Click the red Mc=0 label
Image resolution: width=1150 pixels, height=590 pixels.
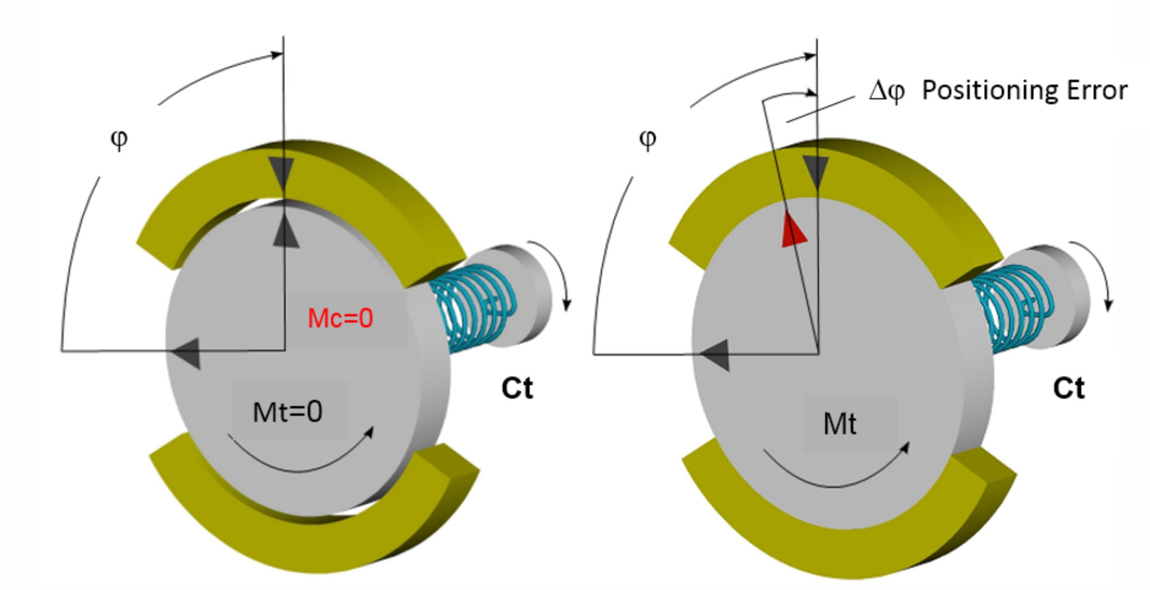tap(340, 318)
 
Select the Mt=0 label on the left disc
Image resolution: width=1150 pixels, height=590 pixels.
tap(287, 412)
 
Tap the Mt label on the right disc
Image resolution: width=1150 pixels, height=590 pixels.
tap(840, 424)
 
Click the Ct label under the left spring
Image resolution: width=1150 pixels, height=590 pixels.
tap(517, 388)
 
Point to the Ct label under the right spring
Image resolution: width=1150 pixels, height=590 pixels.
tap(1068, 388)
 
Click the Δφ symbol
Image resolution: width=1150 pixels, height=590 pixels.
tap(886, 91)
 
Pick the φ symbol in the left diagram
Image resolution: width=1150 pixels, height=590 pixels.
tap(119, 139)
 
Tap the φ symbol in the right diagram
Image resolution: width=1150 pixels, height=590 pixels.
tap(647, 139)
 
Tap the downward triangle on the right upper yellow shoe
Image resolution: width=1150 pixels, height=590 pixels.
tap(816, 173)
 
